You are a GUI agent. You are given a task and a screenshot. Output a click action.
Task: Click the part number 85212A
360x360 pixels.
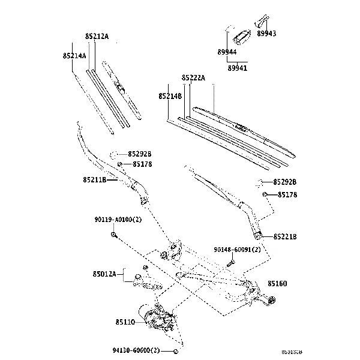(x=97, y=37)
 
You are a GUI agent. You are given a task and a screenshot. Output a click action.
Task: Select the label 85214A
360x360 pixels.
(x=74, y=56)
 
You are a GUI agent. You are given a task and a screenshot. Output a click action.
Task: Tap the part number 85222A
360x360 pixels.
(x=193, y=78)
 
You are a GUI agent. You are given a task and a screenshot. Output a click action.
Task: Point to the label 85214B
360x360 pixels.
(x=171, y=96)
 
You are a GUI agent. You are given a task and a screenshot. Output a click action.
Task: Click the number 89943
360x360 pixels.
(x=266, y=34)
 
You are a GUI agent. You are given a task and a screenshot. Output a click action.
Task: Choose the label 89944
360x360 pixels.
(x=227, y=53)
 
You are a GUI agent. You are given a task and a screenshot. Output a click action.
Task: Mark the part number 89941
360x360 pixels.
(x=237, y=68)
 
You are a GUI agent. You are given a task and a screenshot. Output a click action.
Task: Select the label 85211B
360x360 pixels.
(x=95, y=179)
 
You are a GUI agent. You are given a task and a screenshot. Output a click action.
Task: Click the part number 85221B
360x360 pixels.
(x=285, y=237)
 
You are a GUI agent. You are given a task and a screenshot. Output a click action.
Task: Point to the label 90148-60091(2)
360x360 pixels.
(x=237, y=250)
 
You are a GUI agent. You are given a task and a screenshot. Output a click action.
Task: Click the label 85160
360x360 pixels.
(x=277, y=283)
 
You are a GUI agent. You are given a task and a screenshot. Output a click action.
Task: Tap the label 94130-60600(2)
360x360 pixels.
(x=136, y=350)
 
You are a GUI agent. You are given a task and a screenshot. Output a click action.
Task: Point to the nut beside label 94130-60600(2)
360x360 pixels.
(x=174, y=350)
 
